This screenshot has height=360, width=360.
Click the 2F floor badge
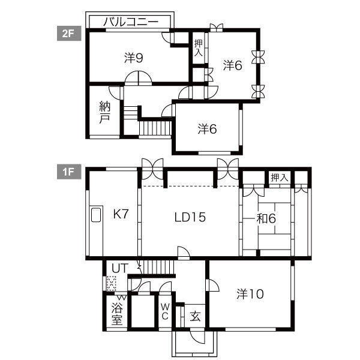pyautogui.click(x=69, y=34)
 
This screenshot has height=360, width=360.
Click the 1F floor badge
pyautogui.click(x=69, y=172)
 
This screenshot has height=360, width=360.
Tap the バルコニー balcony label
pyautogui.click(x=131, y=22)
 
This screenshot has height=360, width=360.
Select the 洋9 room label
pyautogui.click(x=134, y=58)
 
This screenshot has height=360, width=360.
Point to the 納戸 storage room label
pyautogui.click(x=104, y=112)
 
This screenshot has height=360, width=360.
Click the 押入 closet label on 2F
pyautogui.click(x=199, y=48)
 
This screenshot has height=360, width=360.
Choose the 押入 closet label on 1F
pyautogui.click(x=279, y=177)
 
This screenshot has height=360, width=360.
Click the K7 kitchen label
pyautogui.click(x=121, y=214)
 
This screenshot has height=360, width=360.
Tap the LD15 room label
pyautogui.click(x=190, y=217)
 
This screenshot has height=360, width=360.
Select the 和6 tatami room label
pyautogui.click(x=266, y=218)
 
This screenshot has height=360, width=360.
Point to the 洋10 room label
pyautogui.click(x=250, y=294)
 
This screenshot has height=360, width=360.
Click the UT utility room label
pyautogui.click(x=119, y=268)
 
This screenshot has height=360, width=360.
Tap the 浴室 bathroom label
pyautogui.click(x=117, y=313)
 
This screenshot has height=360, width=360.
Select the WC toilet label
pyautogui.click(x=166, y=311)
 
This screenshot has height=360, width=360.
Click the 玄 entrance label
pyautogui.click(x=195, y=316)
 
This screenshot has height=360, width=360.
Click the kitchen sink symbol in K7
pyautogui.click(x=96, y=215)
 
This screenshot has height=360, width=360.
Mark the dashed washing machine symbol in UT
pyautogui.click(x=112, y=283)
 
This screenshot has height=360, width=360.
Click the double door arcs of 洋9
pyautogui.click(x=138, y=78)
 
